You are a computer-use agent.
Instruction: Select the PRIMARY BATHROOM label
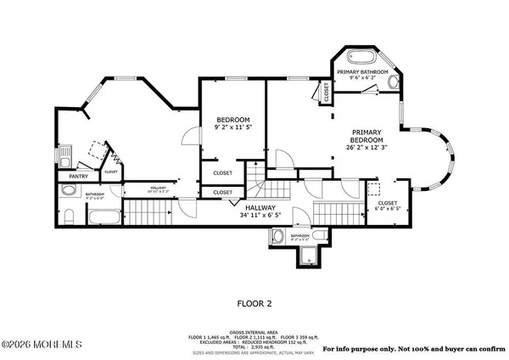coord(363,73)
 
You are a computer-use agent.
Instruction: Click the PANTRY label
coord(68,177)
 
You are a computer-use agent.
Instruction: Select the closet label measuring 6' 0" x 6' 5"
coord(388,205)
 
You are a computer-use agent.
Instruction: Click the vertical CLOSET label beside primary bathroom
coord(327,93)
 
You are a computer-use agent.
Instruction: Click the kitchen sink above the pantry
coord(66,156)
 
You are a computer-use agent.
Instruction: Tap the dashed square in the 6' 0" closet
coord(372,190)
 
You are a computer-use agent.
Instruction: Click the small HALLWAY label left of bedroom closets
coord(158,188)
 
